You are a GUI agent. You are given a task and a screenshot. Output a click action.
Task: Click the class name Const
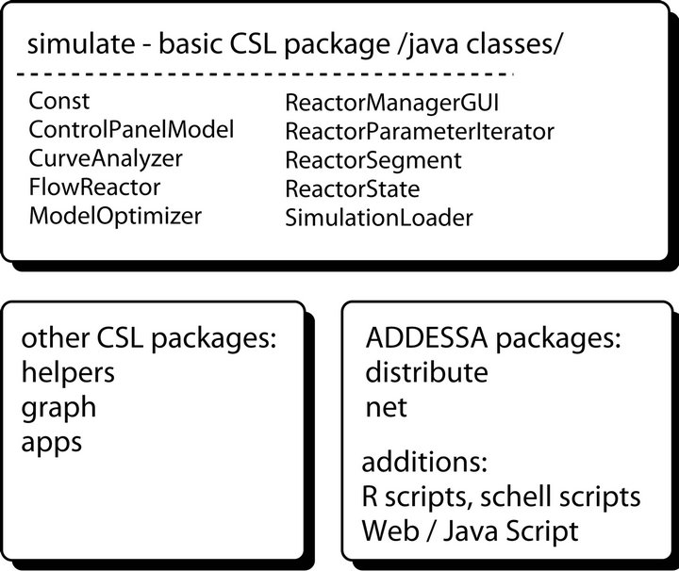pyautogui.click(x=53, y=100)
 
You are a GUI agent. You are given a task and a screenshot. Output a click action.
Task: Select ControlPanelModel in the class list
pyautogui.click(x=131, y=129)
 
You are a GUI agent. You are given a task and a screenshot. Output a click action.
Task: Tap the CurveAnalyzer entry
pyautogui.click(x=106, y=158)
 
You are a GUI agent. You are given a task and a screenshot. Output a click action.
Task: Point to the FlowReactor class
pyautogui.click(x=94, y=187)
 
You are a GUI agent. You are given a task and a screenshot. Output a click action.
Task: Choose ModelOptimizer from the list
pyautogui.click(x=115, y=216)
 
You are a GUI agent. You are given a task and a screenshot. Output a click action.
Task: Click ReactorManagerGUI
pyautogui.click(x=390, y=101)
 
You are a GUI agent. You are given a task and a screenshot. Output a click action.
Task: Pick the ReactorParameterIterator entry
pyautogui.click(x=419, y=130)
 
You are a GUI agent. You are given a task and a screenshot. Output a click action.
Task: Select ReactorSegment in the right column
pyautogui.click(x=373, y=159)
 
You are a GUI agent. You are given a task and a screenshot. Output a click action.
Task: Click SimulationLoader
pyautogui.click(x=378, y=218)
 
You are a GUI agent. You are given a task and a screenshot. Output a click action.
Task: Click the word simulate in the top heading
pyautogui.click(x=75, y=43)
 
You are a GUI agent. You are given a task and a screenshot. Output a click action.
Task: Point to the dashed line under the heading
pyautogui.click(x=264, y=73)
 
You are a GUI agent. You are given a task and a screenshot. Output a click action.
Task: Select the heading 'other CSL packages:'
pyautogui.click(x=147, y=338)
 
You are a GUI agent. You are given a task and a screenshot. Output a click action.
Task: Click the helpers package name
pyautogui.click(x=67, y=372)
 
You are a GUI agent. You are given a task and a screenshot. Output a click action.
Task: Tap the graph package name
pyautogui.click(x=58, y=408)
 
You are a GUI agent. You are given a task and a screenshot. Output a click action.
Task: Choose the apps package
pyautogui.click(x=51, y=443)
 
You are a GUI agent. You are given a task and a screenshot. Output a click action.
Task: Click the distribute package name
pyautogui.click(x=425, y=372)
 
